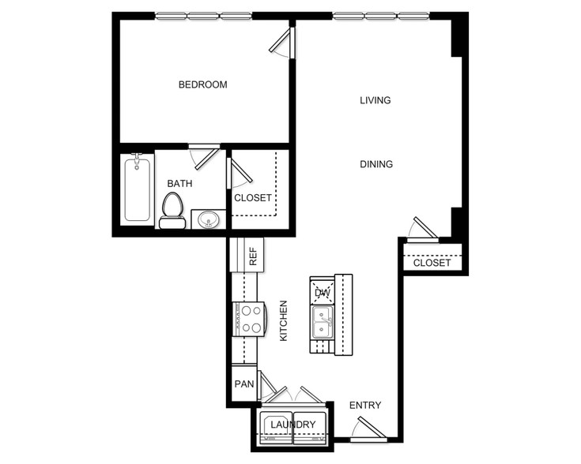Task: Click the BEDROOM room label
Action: [202, 84]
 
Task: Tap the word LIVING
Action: [375, 100]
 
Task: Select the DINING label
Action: [376, 164]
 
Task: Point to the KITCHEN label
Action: [284, 321]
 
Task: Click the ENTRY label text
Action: [365, 406]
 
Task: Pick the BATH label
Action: [179, 184]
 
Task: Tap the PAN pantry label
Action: [244, 384]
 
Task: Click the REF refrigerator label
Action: [253, 256]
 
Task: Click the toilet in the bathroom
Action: [172, 210]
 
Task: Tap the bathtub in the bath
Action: [137, 188]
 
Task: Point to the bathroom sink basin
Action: [209, 220]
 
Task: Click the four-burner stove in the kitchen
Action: [249, 320]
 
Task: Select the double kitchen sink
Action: [323, 322]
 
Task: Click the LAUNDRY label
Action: [293, 425]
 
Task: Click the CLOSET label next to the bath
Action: [253, 198]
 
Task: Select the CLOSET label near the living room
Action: [432, 263]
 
